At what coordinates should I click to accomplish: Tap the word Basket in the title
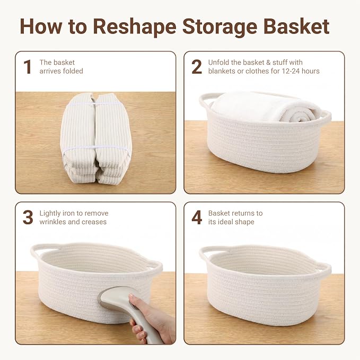click(296, 27)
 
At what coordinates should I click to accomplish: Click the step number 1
click(28, 67)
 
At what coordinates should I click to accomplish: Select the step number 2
click(197, 67)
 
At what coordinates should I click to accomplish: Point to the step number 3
click(28, 217)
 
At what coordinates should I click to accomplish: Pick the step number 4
click(197, 217)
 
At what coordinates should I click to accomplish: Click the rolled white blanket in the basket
click(265, 107)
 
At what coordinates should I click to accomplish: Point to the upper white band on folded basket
click(95, 104)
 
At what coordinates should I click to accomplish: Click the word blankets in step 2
click(222, 71)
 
